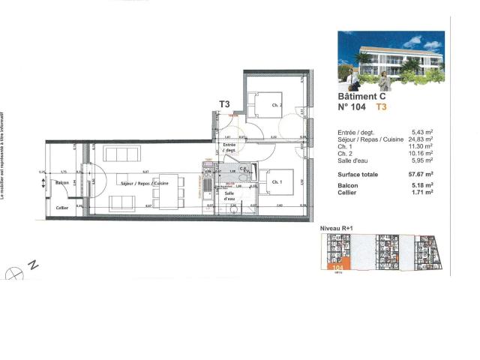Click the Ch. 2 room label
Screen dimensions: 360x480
click(276, 106)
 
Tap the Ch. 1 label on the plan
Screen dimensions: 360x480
click(276, 182)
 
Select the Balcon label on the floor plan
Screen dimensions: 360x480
click(63, 183)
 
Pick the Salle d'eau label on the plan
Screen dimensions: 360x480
click(228, 196)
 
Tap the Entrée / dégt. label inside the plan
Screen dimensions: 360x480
click(229, 147)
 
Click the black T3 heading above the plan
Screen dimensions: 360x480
click(224, 104)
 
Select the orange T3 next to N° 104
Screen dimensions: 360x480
click(381, 107)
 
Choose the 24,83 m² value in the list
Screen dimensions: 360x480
click(424, 139)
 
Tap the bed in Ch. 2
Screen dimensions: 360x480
click(264, 102)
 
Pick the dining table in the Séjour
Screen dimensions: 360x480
click(169, 190)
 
